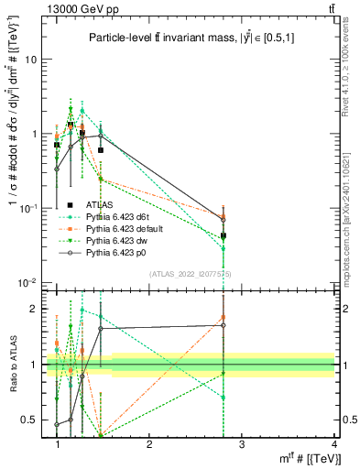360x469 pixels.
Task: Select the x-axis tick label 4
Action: click(x=333, y=443)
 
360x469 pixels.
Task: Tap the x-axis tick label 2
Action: click(x=149, y=443)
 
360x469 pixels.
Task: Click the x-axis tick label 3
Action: click(x=241, y=443)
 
